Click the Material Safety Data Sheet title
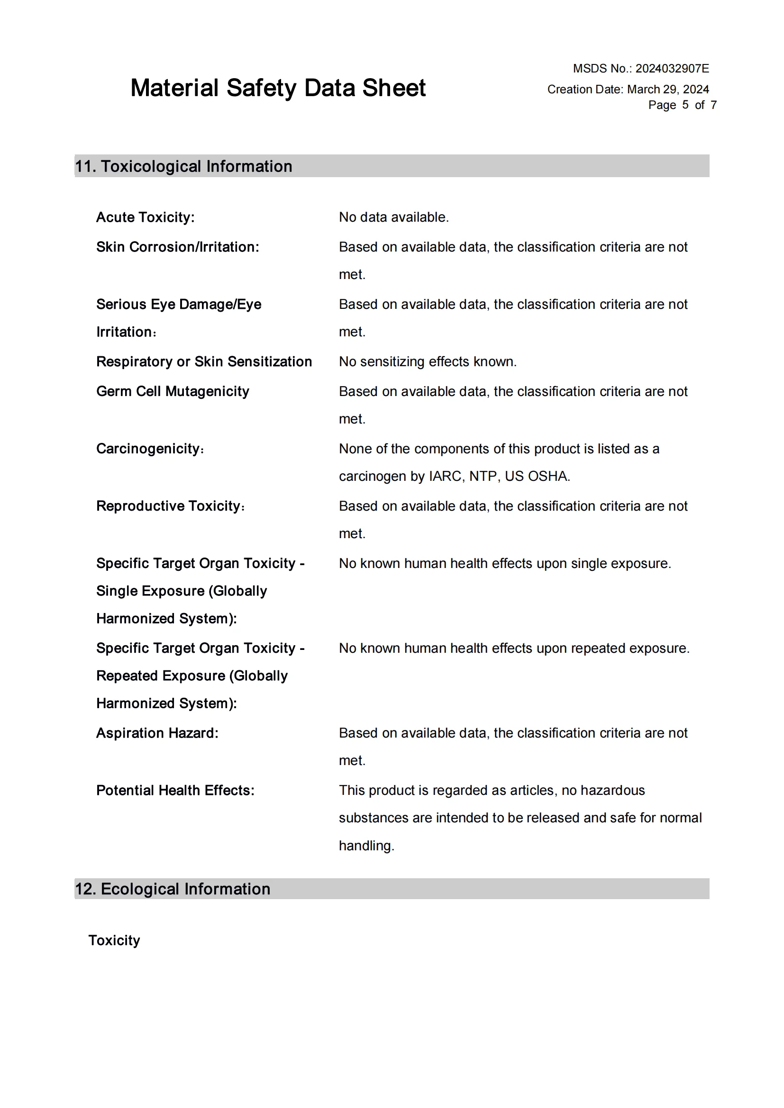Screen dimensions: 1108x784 [278, 88]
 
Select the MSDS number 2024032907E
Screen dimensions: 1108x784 [672, 69]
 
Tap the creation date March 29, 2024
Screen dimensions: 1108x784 [668, 89]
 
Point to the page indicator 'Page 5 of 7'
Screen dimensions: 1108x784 [682, 105]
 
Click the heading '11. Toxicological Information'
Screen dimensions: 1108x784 [183, 166]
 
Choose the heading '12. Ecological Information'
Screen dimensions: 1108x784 [173, 889]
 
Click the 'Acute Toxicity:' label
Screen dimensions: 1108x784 [146, 217]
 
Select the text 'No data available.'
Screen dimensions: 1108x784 [393, 217]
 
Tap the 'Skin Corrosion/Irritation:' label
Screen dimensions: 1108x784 [178, 247]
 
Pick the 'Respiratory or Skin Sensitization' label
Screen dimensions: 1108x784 [204, 361]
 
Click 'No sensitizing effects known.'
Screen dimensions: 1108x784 [427, 361]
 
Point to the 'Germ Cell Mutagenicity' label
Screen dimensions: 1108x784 [173, 391]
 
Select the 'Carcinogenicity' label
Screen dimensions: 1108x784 [149, 449]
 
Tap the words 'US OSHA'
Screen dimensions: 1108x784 [537, 476]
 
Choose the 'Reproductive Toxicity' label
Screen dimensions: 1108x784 [169, 506]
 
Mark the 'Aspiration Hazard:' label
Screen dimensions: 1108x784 [157, 733]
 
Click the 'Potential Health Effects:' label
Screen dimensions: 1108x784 [175, 791]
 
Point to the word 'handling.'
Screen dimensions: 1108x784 [366, 846]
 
